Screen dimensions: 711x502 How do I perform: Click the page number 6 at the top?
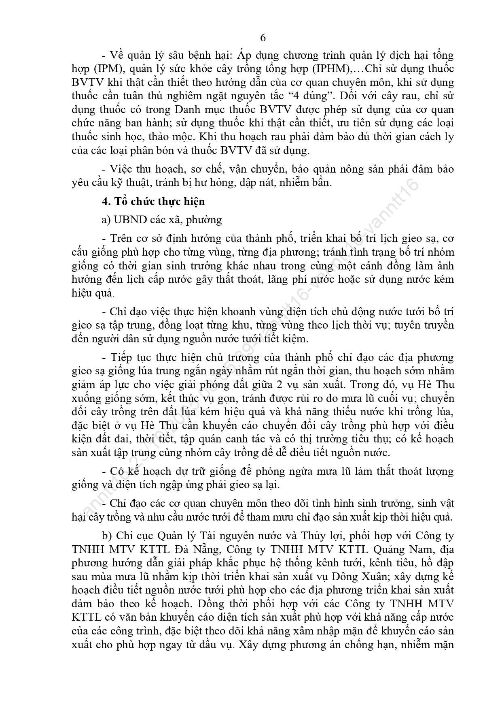[263, 38]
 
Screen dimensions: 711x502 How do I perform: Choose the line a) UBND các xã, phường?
[162, 220]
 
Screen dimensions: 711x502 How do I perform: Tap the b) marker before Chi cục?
[106, 536]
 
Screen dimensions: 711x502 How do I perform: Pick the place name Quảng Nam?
[400, 550]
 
